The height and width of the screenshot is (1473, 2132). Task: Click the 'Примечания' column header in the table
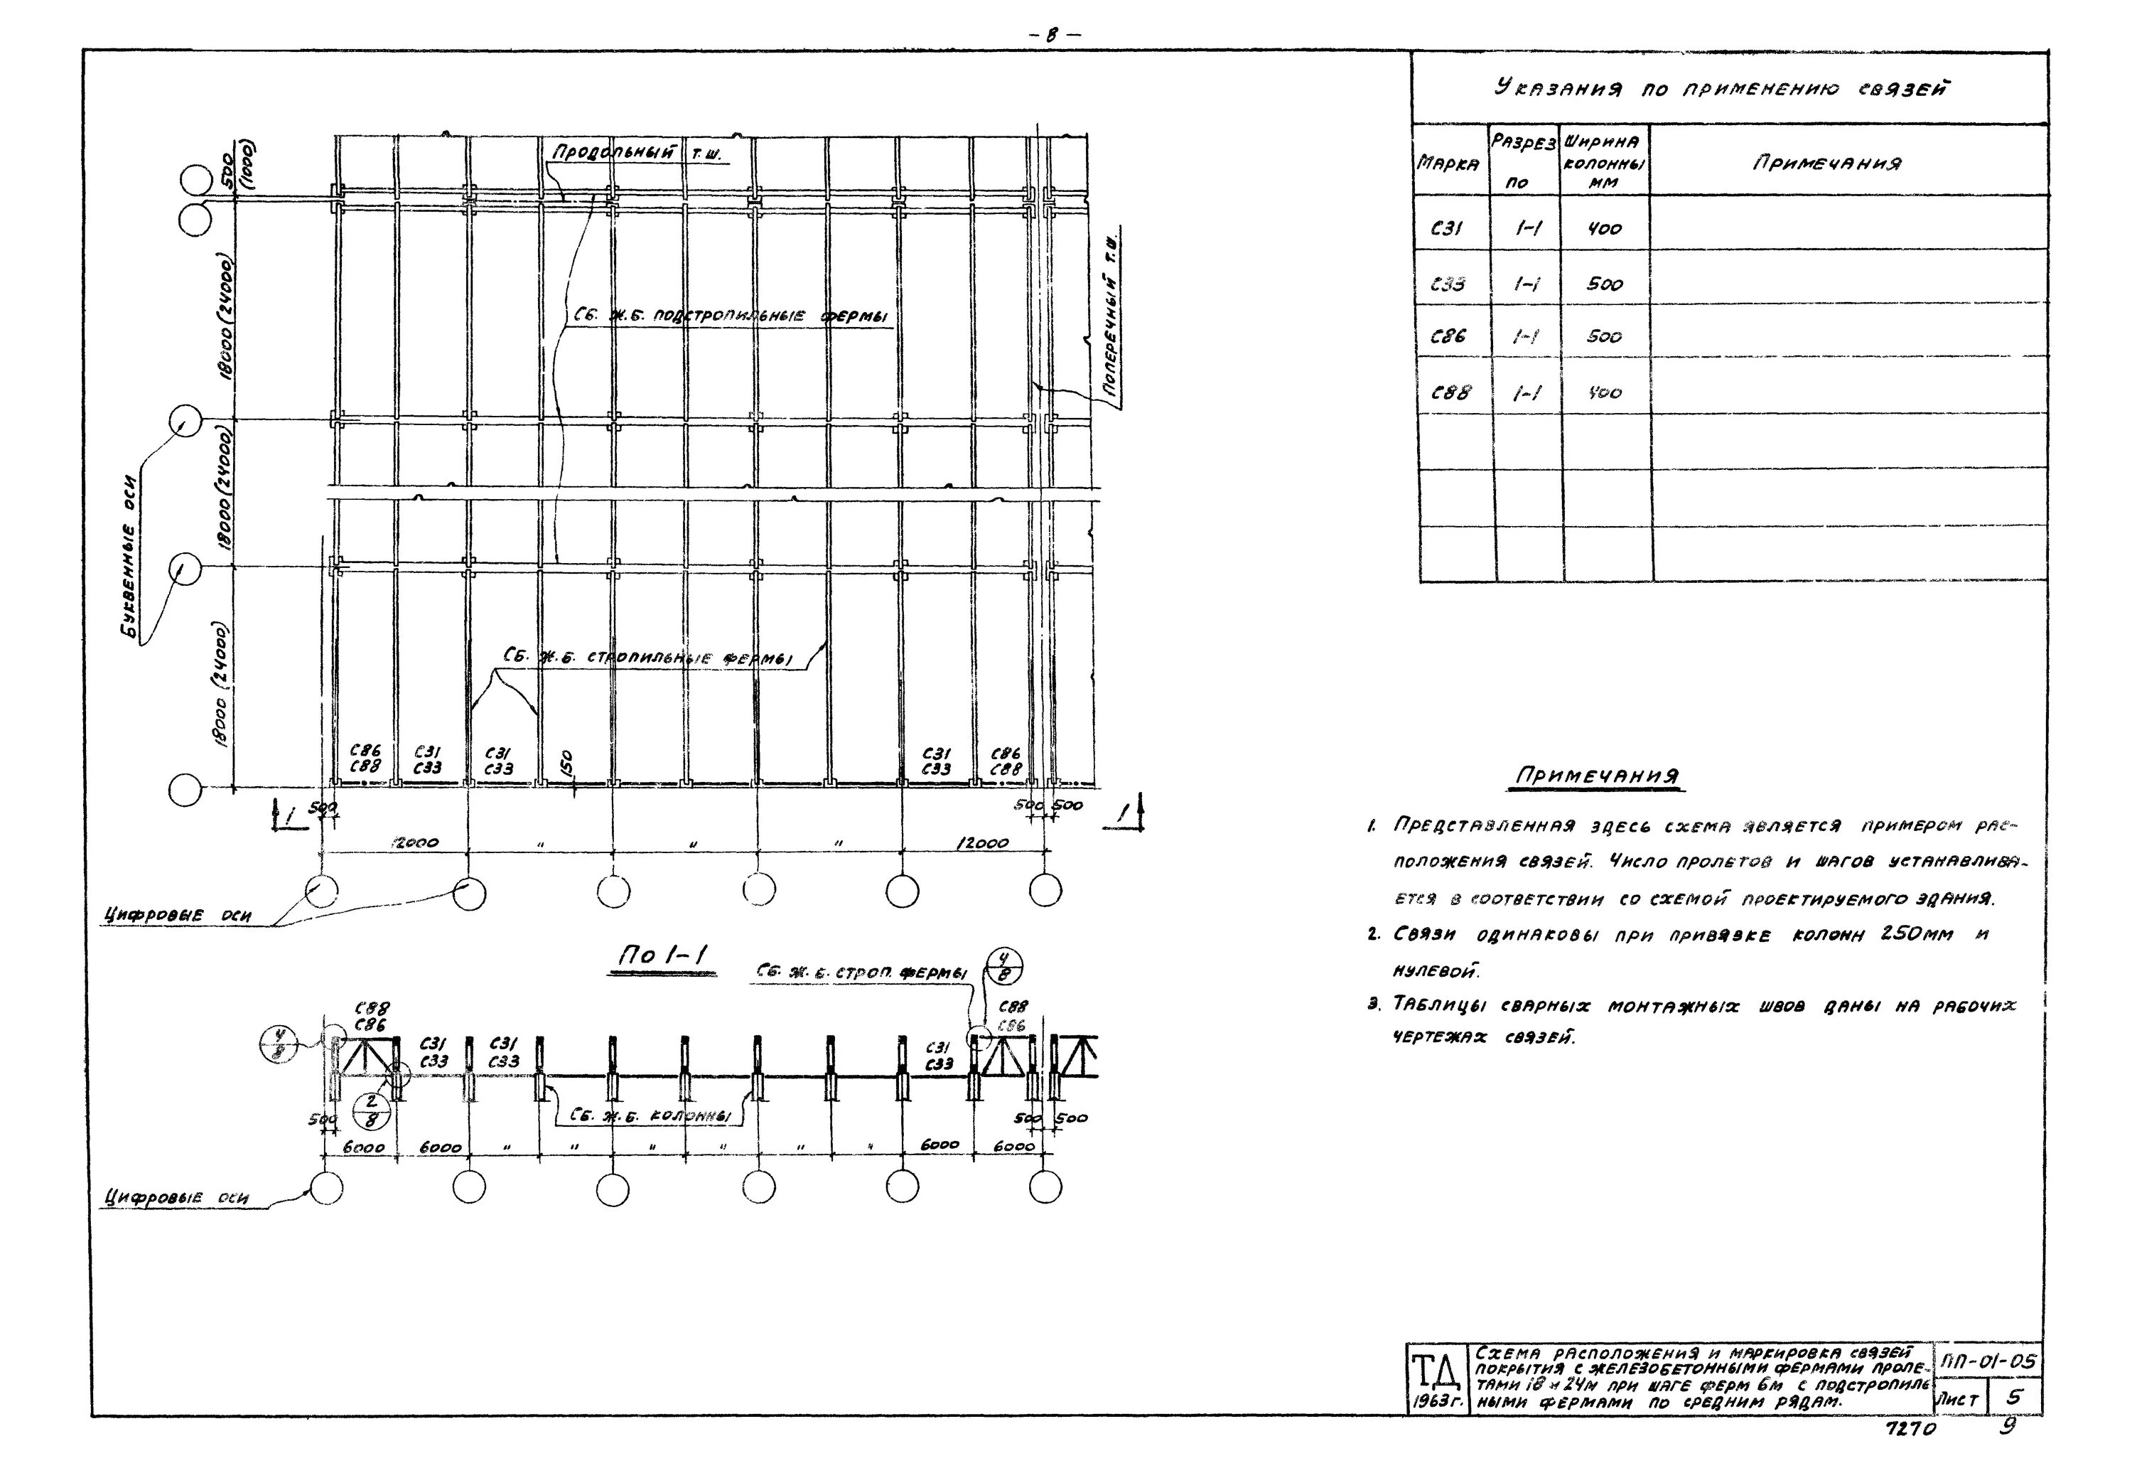[x=1826, y=164]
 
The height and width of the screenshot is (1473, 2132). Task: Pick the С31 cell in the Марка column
[x=1445, y=228]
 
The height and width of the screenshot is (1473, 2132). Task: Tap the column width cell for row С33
[x=1604, y=284]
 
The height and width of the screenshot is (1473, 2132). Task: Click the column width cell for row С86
[x=1604, y=337]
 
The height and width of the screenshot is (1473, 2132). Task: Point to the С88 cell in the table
[x=1450, y=392]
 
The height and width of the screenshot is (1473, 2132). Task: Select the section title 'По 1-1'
[x=663, y=957]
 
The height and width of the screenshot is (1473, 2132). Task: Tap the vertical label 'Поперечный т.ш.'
[x=1113, y=318]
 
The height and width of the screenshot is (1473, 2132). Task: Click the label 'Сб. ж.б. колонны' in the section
[x=650, y=1116]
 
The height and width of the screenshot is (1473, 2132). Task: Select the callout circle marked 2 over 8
[x=372, y=1111]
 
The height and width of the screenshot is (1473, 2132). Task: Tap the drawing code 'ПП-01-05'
[x=1986, y=1361]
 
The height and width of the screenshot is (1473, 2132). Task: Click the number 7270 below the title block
[x=1910, y=1430]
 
